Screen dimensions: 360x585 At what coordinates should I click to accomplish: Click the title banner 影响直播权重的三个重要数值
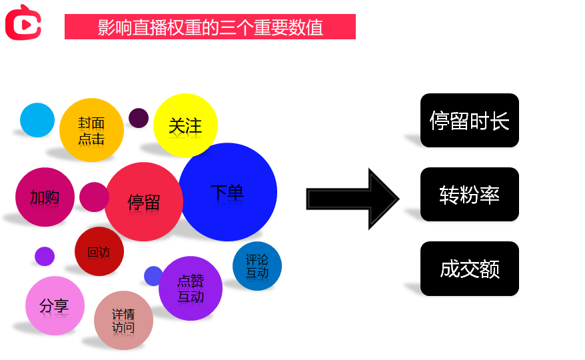pyautogui.click(x=210, y=27)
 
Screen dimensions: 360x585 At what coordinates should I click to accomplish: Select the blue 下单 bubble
pyautogui.click(x=228, y=192)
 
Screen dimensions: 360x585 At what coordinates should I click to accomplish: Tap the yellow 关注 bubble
pyautogui.click(x=185, y=125)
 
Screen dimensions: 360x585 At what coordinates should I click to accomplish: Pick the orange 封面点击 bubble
pyautogui.click(x=91, y=131)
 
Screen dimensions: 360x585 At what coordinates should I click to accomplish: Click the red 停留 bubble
pyautogui.click(x=144, y=201)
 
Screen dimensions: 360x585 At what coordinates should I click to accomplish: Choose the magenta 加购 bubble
pyautogui.click(x=45, y=197)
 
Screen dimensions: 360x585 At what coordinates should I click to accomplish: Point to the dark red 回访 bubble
pyautogui.click(x=99, y=251)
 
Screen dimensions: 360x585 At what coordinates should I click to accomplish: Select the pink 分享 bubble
pyautogui.click(x=55, y=305)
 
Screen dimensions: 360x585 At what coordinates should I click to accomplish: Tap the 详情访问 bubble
pyautogui.click(x=123, y=320)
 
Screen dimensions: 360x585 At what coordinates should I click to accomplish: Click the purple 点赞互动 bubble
pyautogui.click(x=191, y=288)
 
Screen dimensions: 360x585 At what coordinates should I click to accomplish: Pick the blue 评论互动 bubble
pyautogui.click(x=257, y=266)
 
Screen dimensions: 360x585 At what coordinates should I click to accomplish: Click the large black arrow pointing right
pyautogui.click(x=352, y=199)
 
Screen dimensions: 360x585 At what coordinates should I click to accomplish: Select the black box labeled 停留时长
pyautogui.click(x=470, y=121)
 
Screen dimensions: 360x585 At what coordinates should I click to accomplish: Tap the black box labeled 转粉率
pyautogui.click(x=470, y=194)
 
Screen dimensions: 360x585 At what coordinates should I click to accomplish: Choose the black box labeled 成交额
pyautogui.click(x=470, y=269)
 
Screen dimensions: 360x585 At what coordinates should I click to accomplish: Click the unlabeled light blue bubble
pyautogui.click(x=37, y=120)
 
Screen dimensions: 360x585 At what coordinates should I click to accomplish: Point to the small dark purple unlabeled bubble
pyautogui.click(x=139, y=118)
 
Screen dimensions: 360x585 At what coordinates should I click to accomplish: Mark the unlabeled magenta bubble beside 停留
pyautogui.click(x=94, y=197)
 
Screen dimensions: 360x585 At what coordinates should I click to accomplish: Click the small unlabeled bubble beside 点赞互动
pyautogui.click(x=153, y=275)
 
